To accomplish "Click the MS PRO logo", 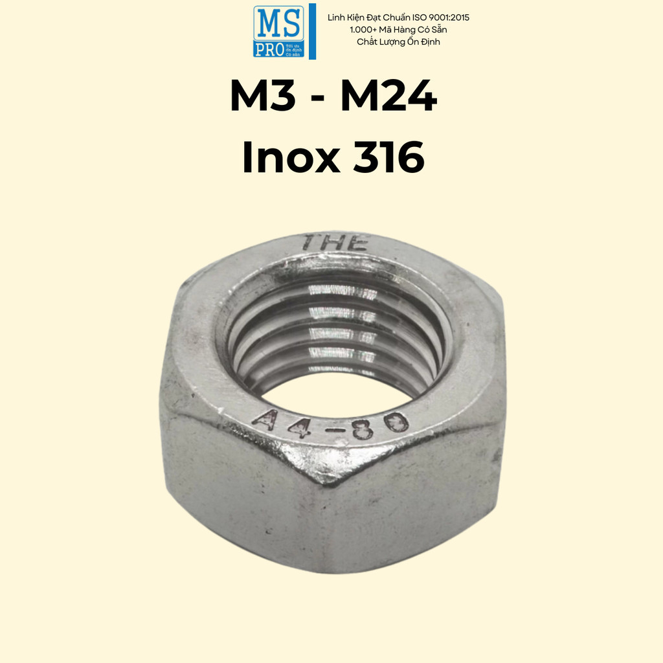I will [278, 31].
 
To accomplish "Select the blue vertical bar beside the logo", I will [313, 31].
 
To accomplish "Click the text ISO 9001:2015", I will [438, 17].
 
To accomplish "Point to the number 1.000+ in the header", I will [365, 30].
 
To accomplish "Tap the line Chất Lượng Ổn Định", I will [398, 42].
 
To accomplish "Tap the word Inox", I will [289, 157].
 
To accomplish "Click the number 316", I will [388, 157].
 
